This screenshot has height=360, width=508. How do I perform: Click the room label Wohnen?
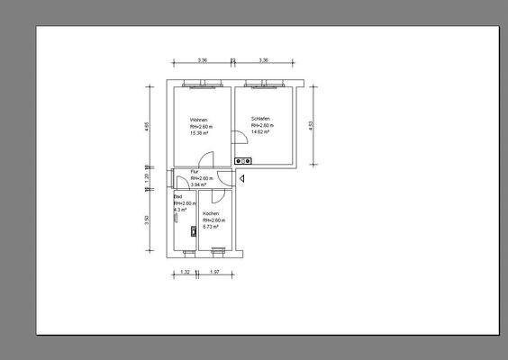point(199,120)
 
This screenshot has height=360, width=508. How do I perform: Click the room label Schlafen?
point(261,119)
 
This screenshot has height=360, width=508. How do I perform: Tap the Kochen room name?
point(212,214)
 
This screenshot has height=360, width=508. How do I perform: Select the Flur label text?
point(194,171)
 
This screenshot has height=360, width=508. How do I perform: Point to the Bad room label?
point(177,196)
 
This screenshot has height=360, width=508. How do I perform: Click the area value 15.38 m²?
point(200,133)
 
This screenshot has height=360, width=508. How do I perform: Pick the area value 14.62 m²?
point(262,131)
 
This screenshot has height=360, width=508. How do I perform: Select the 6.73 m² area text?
point(213,227)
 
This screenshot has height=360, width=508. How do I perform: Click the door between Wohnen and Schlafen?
point(239,137)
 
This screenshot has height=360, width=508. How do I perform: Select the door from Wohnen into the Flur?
point(206,161)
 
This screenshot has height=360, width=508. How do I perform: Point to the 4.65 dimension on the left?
point(147,127)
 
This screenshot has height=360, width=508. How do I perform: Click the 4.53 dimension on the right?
point(312,126)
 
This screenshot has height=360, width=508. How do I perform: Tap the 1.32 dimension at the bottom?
point(185,271)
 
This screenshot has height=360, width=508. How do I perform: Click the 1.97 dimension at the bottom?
point(214,271)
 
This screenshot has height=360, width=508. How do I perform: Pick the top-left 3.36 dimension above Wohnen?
point(203,60)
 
